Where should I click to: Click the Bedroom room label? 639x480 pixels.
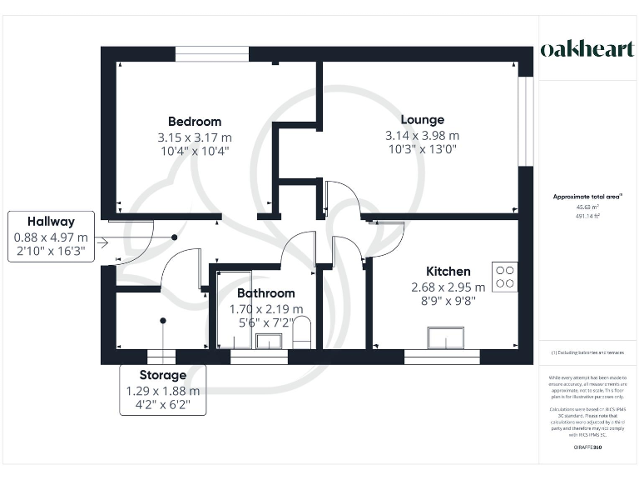195,121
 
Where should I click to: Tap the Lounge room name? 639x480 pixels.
422,119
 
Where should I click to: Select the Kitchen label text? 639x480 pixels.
448,271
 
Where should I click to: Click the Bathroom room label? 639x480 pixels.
265,293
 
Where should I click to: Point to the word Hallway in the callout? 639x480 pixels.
51,222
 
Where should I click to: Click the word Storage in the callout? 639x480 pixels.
163,375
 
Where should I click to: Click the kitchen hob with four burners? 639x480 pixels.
504,277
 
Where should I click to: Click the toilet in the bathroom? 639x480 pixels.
302,331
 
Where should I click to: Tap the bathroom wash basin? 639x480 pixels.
269,340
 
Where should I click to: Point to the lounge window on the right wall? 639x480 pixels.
525,122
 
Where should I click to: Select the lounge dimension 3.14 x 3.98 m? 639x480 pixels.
422,136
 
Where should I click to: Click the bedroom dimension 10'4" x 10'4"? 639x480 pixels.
195,152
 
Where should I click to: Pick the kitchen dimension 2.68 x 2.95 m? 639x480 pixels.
448,287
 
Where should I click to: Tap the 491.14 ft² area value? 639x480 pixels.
587,216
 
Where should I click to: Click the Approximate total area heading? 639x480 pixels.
587,197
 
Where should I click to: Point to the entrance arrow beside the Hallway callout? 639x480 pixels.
102,243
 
